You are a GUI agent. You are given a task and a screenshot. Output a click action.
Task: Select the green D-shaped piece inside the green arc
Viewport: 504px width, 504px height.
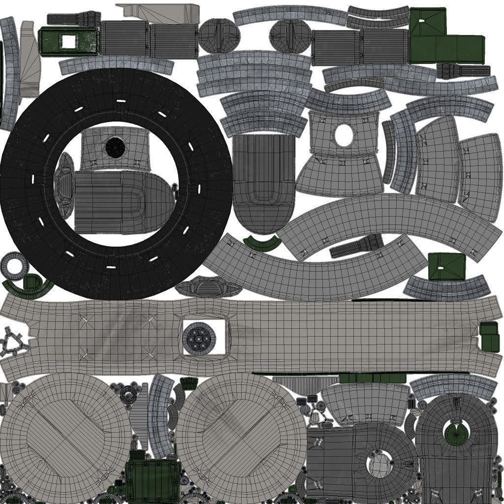[31, 282]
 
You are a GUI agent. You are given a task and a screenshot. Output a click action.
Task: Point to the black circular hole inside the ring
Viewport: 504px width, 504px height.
[115, 147]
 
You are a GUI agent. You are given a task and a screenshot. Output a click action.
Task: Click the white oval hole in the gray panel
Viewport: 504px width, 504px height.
[344, 135]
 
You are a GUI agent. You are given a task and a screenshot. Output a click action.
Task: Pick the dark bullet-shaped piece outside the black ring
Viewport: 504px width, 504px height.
[264, 182]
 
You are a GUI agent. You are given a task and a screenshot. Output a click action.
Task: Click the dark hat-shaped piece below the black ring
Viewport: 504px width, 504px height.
[209, 287]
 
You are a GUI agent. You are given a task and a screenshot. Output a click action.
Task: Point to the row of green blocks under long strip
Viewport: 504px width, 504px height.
[372, 378]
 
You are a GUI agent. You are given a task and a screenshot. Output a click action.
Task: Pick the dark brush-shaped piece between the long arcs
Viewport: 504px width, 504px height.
[356, 246]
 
